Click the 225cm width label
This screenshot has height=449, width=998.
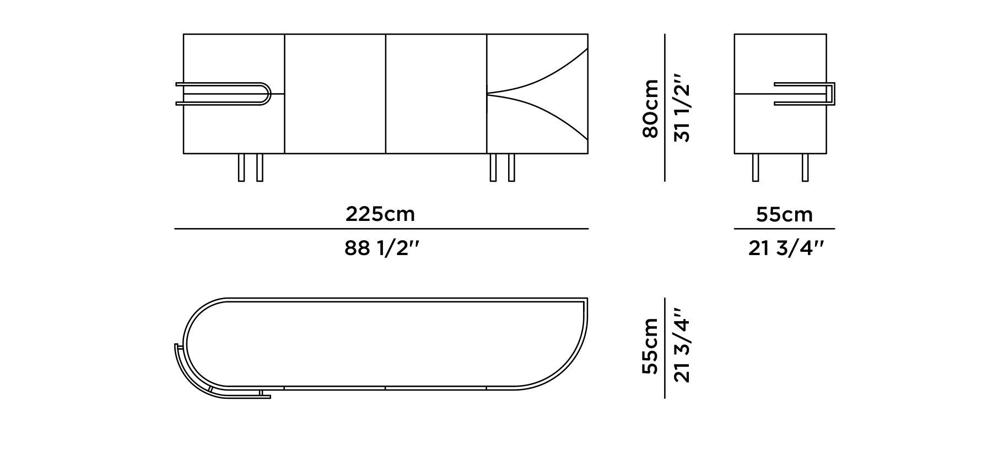coord(380,214)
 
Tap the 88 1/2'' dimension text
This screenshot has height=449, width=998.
coord(382,248)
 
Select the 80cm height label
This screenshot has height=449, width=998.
coord(650,109)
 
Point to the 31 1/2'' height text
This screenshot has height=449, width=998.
coord(682,113)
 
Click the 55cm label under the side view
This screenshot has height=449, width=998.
coord(784,214)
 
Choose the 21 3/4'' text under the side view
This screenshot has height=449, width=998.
coord(785,249)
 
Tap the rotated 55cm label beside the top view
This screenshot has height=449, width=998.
coord(650,346)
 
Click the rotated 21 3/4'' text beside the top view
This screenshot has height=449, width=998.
coord(682,346)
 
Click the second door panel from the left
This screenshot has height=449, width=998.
coord(335,94)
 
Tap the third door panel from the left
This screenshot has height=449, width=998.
coord(436,94)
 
